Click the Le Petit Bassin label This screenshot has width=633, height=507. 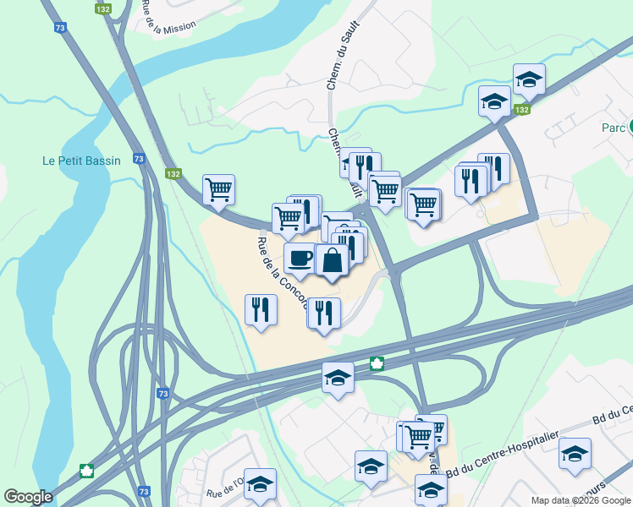point(82,161)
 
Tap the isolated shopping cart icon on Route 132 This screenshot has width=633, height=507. point(218,189)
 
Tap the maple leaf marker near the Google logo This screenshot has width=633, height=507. point(85,471)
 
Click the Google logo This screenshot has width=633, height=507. point(28,497)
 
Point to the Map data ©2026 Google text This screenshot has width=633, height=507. point(581,500)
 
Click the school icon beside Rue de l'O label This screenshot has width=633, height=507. point(261,483)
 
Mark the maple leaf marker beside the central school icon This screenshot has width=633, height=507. point(377,363)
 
